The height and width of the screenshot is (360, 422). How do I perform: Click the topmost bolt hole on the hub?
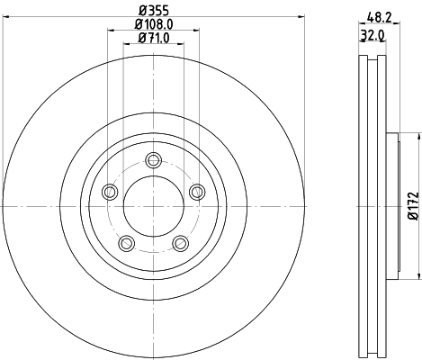(153, 160)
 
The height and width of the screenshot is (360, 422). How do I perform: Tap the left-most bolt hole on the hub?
(110, 191)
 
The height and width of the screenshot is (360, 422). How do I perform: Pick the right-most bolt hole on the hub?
(196, 190)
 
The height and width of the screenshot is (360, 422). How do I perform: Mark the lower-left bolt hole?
(127, 242)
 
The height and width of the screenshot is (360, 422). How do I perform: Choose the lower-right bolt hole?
(180, 242)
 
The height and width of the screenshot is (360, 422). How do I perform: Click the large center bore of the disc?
(153, 205)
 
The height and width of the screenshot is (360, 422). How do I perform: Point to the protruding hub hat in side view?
(391, 205)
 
